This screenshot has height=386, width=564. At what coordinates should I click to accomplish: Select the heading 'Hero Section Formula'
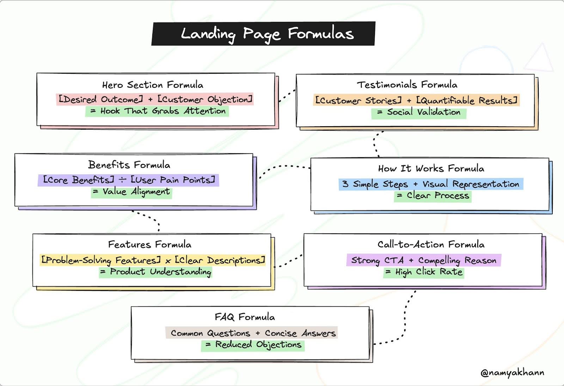(x=153, y=85)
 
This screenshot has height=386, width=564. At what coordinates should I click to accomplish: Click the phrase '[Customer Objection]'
(x=205, y=99)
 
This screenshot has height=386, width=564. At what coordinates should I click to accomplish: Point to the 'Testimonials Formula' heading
(x=407, y=85)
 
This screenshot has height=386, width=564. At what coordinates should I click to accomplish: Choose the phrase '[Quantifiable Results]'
(x=467, y=100)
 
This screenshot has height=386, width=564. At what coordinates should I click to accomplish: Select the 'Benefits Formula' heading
(x=129, y=165)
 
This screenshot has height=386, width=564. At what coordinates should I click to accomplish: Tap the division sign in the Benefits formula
(x=122, y=180)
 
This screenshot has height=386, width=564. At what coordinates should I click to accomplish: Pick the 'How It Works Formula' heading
(x=431, y=169)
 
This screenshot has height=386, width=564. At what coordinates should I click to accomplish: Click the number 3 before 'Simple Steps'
(x=345, y=184)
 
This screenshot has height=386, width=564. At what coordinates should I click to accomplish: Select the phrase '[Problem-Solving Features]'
(x=101, y=261)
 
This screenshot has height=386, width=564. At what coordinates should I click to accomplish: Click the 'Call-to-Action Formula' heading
(x=431, y=245)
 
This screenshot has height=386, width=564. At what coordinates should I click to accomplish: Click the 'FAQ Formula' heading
(x=245, y=317)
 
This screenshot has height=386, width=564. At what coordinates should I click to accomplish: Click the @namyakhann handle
(x=512, y=373)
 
